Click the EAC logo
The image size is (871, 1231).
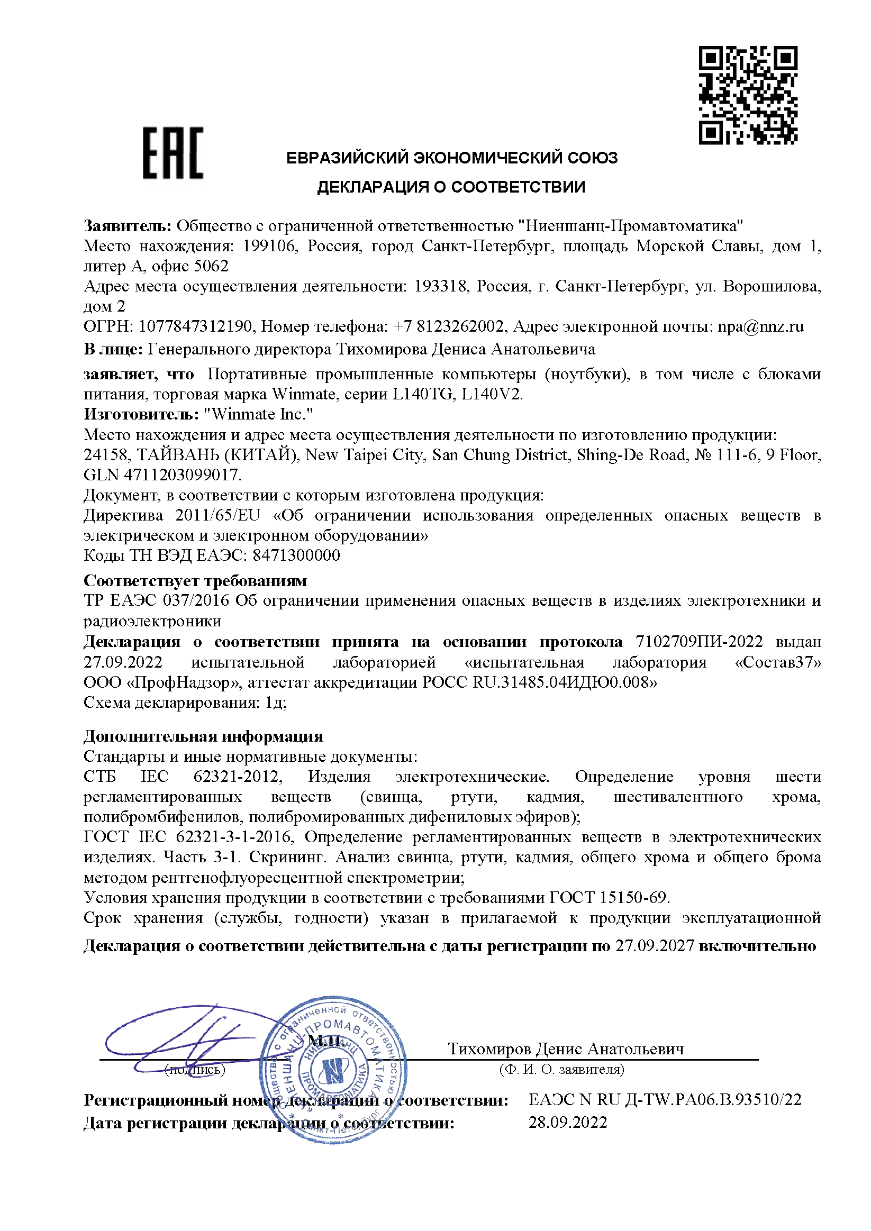(x=173, y=153)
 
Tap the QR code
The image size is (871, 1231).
(x=748, y=95)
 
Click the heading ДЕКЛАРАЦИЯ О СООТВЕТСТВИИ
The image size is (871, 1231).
(x=451, y=187)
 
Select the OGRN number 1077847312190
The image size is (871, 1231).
(x=195, y=326)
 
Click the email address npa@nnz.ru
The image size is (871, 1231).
(x=760, y=326)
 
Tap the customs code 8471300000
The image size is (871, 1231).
(x=296, y=555)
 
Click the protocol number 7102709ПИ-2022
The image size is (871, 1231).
(x=699, y=642)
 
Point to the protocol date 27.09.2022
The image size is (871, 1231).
(x=123, y=662)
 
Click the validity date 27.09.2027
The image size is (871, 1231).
(x=655, y=946)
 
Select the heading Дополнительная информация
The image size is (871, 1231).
(x=203, y=736)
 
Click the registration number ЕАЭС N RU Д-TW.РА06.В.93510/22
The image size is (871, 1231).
(x=665, y=1100)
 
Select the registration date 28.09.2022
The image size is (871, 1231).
(x=568, y=1123)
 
